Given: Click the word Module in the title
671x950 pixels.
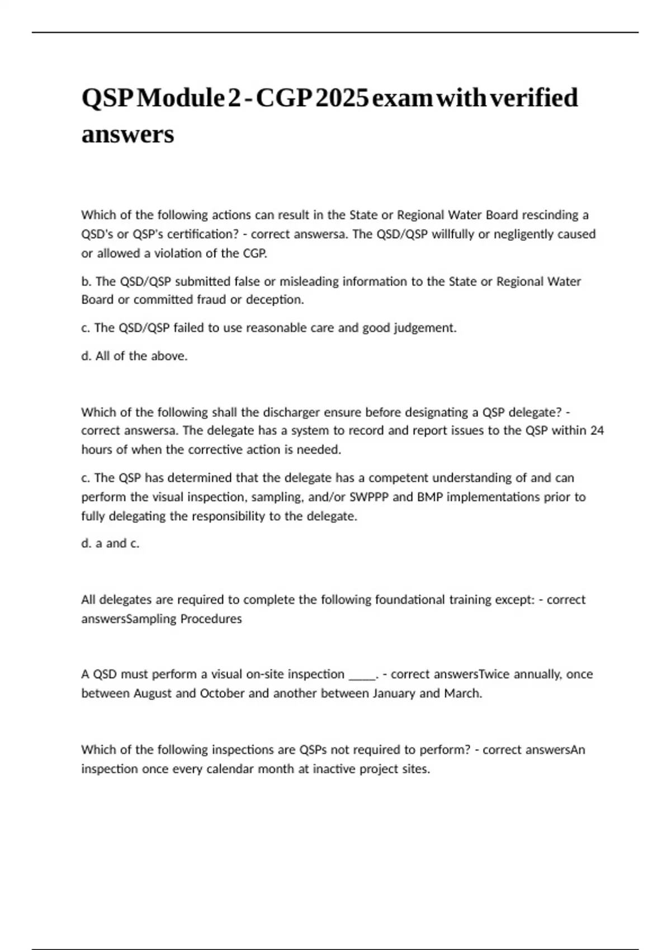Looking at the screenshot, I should coord(180,98).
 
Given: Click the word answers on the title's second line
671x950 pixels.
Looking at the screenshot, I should coord(127,135).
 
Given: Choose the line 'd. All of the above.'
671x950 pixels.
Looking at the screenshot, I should coord(134,356).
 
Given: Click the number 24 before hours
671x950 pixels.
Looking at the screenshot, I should coord(597,431).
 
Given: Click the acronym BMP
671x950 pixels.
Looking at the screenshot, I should coord(431,497).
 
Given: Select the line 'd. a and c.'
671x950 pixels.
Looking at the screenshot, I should coord(110,543).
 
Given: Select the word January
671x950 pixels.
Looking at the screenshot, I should coord(391,693).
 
